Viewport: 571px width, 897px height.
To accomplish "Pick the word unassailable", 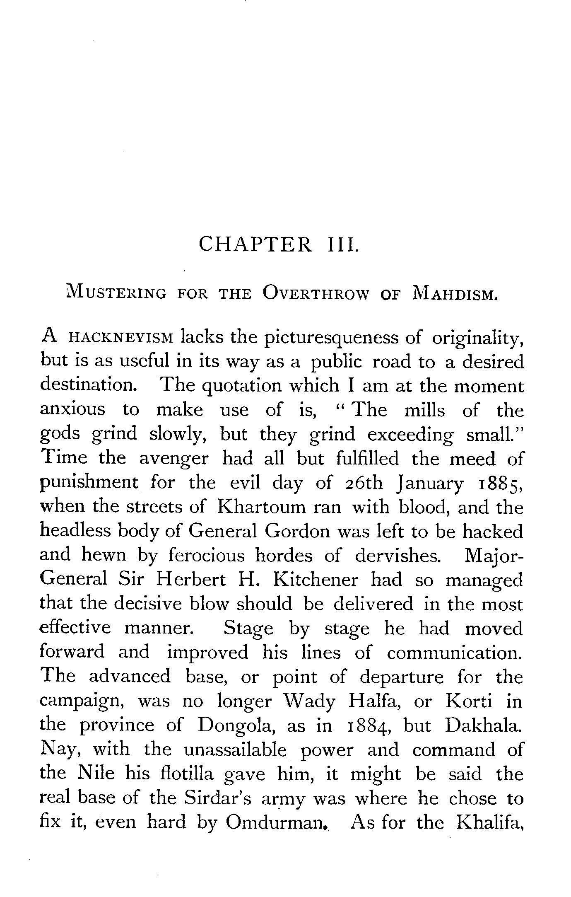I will [x=236, y=750].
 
